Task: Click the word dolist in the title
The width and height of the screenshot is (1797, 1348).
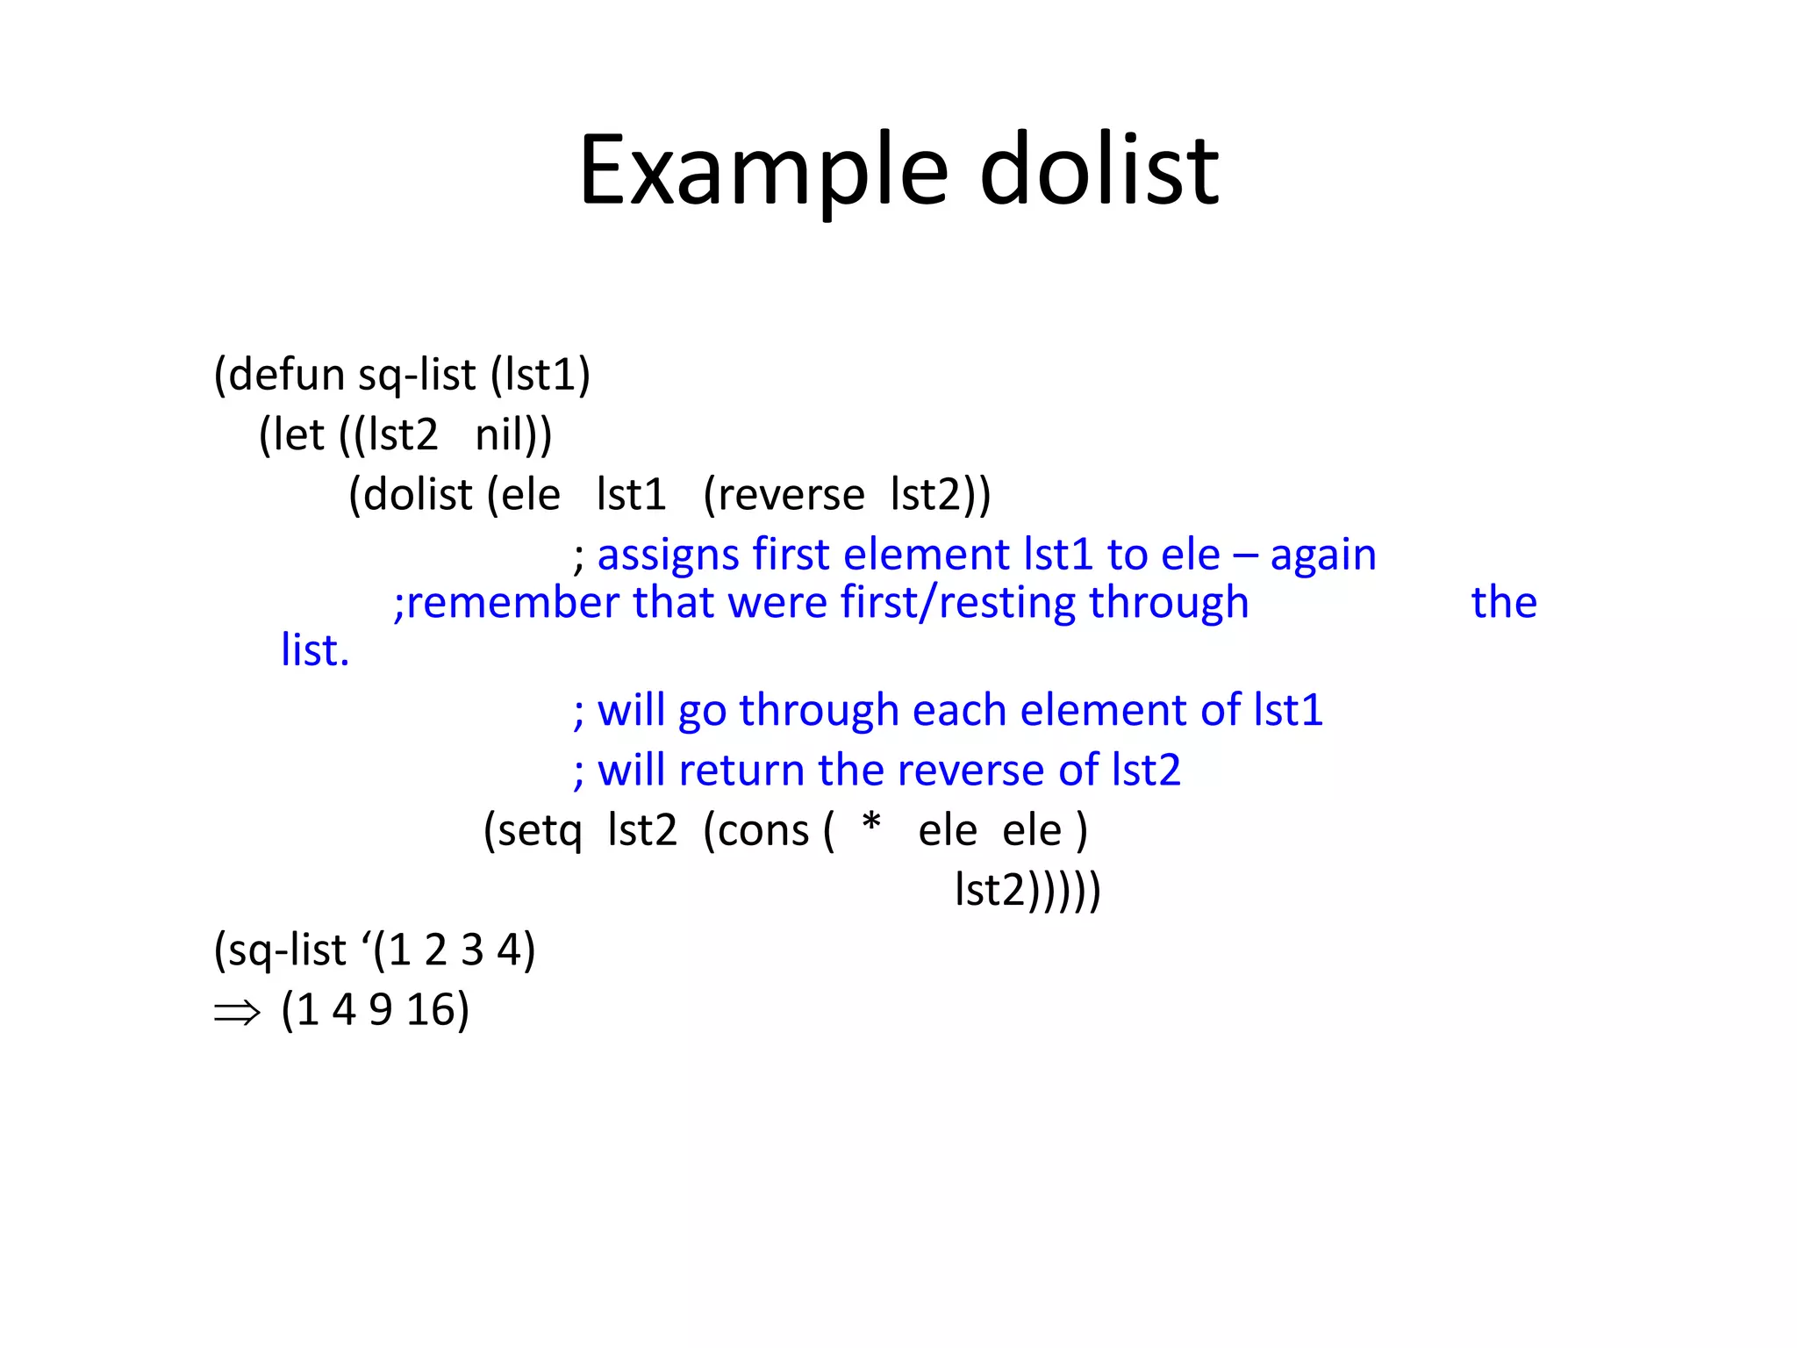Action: (x=1099, y=171)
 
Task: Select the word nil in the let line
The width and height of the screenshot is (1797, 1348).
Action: (x=502, y=434)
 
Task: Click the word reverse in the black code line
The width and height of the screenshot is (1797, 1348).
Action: (x=791, y=494)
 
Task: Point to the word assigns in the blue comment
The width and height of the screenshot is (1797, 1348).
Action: (x=669, y=555)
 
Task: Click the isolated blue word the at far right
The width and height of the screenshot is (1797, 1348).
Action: (x=1504, y=603)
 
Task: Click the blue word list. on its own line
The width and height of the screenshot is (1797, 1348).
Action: (x=315, y=650)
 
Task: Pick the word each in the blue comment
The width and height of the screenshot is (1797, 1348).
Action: (x=959, y=710)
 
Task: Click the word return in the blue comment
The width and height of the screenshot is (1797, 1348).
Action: (x=741, y=771)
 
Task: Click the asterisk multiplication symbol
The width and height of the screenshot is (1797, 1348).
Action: (x=871, y=825)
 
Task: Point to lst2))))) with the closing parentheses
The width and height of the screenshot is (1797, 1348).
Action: (x=1027, y=890)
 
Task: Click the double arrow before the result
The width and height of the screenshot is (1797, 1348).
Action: (x=237, y=1013)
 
